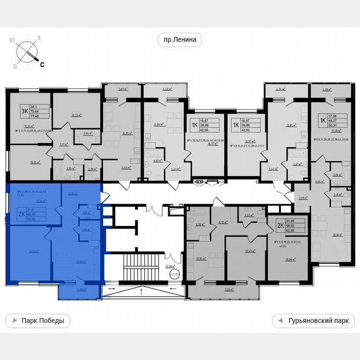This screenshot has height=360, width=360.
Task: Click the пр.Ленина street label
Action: [x=180, y=40]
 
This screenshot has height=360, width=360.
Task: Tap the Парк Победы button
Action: [x=37, y=321]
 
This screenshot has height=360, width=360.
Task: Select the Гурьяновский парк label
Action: [x=313, y=321]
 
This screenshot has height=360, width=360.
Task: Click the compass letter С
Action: [x=42, y=65]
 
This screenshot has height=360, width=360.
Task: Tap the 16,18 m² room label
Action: [x=337, y=235]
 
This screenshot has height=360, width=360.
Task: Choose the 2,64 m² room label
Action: [x=87, y=133]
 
